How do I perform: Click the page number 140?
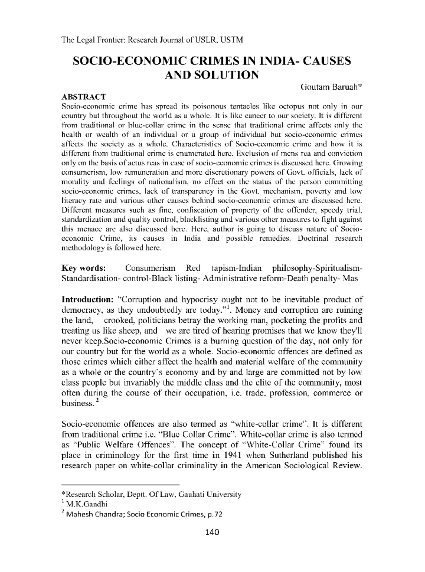coord(212,532)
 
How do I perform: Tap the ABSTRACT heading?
coord(84,97)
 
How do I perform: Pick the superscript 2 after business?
coord(97,400)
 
